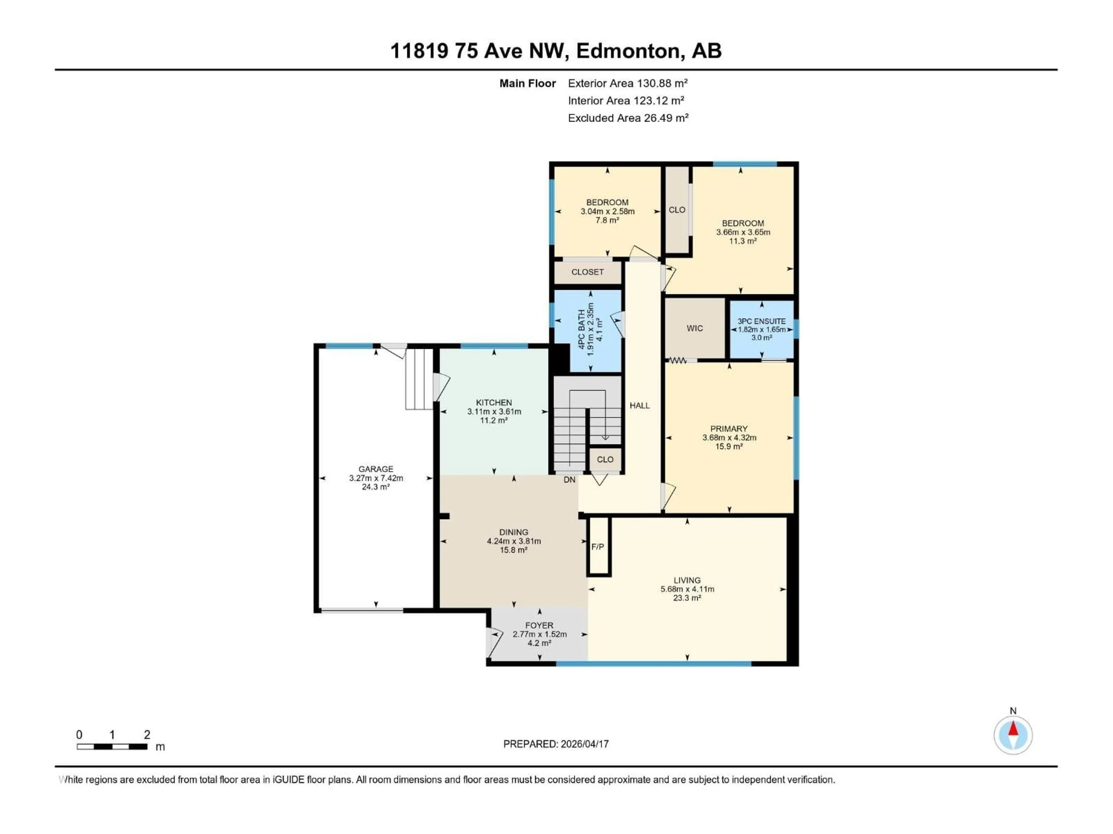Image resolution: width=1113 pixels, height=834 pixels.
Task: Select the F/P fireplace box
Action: click(598, 546)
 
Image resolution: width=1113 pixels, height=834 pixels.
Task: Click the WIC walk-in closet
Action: click(694, 328)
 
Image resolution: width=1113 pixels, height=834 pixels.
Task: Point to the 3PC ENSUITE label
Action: click(761, 321)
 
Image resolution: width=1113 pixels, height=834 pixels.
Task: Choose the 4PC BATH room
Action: click(587, 329)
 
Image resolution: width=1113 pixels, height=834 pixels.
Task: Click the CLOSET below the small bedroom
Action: click(587, 272)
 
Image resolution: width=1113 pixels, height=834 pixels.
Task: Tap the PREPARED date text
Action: click(556, 744)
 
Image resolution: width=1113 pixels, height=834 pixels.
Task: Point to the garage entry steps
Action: click(419, 380)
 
